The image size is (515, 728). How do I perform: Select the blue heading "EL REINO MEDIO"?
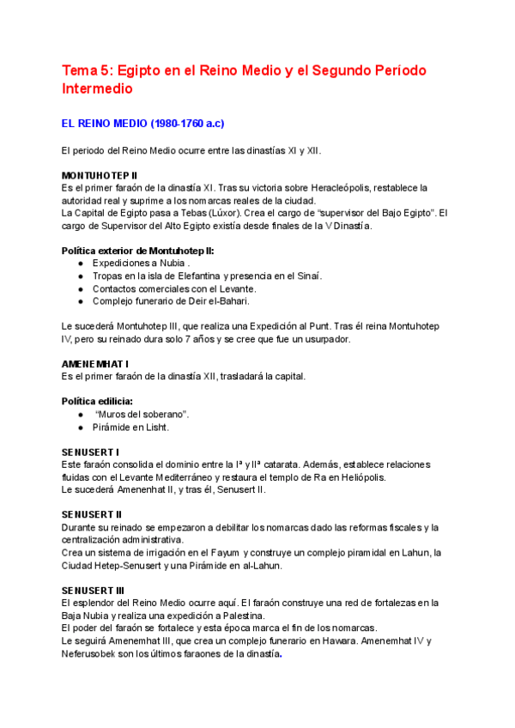pos(104,124)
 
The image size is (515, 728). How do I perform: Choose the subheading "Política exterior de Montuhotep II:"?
pos(138,251)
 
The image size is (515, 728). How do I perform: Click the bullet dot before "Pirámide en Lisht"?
pos(81,428)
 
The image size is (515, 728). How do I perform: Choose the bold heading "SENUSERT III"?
pos(94,591)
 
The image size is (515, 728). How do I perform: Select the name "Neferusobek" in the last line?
pos(92,653)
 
